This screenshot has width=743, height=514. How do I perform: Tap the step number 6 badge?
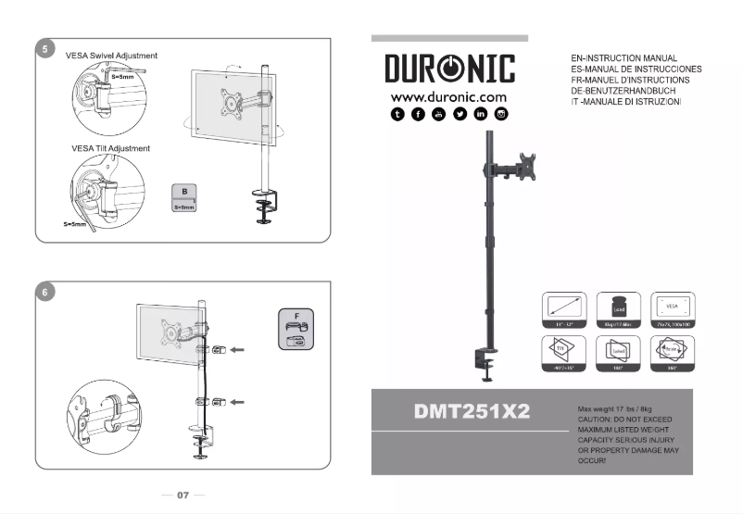tap(44, 292)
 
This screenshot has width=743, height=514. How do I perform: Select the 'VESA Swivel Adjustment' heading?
tap(111, 56)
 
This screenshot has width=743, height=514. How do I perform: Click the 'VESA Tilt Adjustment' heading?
tap(110, 148)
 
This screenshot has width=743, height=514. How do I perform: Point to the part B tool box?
tap(185, 199)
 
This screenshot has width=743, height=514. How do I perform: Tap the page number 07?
tap(183, 495)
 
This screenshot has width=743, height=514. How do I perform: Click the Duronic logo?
tap(449, 70)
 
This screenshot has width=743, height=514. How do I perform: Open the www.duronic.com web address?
tap(449, 96)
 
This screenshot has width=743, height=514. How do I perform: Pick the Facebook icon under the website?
tap(418, 114)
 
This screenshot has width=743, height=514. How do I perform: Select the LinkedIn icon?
tap(481, 114)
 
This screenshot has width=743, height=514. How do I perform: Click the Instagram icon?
tap(502, 114)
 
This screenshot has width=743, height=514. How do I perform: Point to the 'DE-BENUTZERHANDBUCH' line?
tap(624, 91)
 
